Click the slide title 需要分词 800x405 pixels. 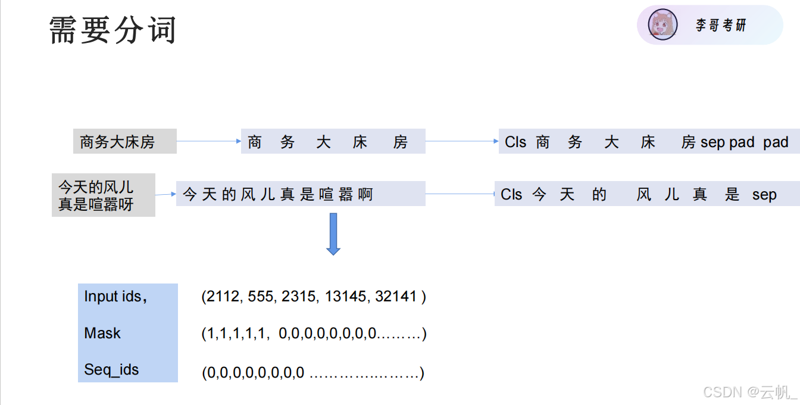(112, 30)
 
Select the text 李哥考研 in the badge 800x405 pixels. (721, 25)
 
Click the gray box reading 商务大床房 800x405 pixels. (124, 142)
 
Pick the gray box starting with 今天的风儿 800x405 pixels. (103, 195)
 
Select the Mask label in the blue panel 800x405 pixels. (102, 333)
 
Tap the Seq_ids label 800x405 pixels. (111, 369)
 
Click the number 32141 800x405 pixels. (395, 296)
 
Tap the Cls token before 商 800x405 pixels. (515, 142)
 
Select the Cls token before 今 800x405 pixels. (511, 195)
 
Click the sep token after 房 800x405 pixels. (712, 143)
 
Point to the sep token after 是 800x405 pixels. (764, 195)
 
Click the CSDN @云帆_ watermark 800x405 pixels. (749, 392)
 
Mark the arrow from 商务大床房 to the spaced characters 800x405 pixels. (208, 142)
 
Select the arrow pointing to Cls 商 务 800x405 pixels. (462, 142)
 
